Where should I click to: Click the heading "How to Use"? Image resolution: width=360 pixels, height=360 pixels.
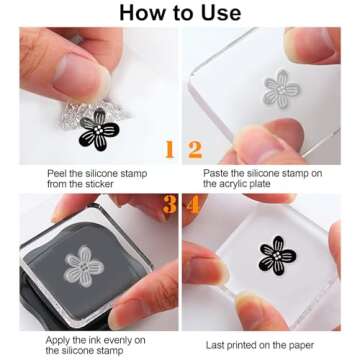(180, 12)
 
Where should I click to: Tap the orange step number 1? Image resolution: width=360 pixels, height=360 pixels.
(169, 150)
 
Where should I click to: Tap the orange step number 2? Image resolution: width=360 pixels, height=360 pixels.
(194, 150)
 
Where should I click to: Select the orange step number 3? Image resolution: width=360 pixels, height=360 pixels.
(169, 206)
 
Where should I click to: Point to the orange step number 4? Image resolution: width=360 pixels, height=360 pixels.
(194, 206)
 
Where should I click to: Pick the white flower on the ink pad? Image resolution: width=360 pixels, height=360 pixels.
(83, 265)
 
